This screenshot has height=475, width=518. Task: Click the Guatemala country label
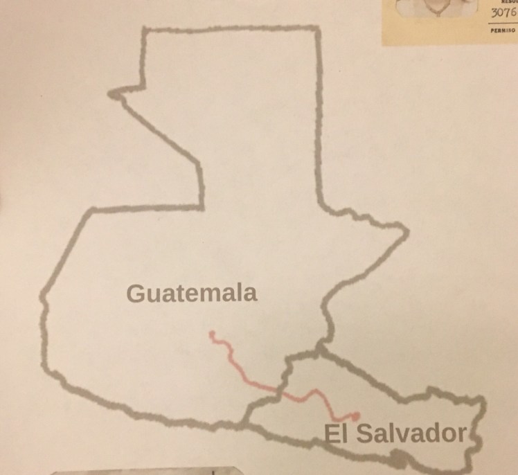[192, 292]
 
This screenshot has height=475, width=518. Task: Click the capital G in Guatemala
[136, 293]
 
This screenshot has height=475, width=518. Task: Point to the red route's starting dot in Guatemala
[212, 334]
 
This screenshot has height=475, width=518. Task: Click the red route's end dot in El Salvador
[356, 415]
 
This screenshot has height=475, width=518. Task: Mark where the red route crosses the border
[283, 392]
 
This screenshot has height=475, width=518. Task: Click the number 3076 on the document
[503, 12]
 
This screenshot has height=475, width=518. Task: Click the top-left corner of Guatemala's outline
[143, 29]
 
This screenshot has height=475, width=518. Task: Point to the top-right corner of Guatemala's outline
[318, 28]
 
